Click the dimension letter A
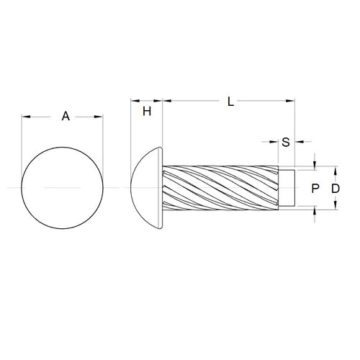[65, 115]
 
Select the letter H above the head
[147, 111]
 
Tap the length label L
[230, 102]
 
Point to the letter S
[286, 141]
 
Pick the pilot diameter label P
[314, 189]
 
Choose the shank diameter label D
[336, 189]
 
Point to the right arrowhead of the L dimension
[292, 102]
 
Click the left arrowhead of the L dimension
[167, 102]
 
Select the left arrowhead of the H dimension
[134, 102]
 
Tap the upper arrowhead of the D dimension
[336, 169]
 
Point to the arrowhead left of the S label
[276, 141]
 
